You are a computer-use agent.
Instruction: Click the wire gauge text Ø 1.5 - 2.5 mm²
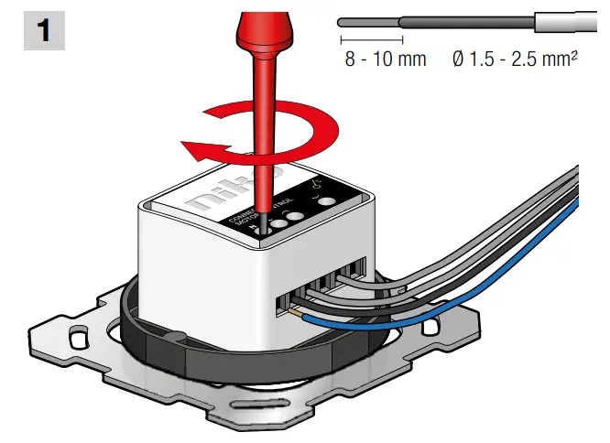pyautogui.click(x=515, y=60)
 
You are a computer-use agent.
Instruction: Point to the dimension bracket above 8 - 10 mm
pyautogui.click(x=371, y=40)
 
